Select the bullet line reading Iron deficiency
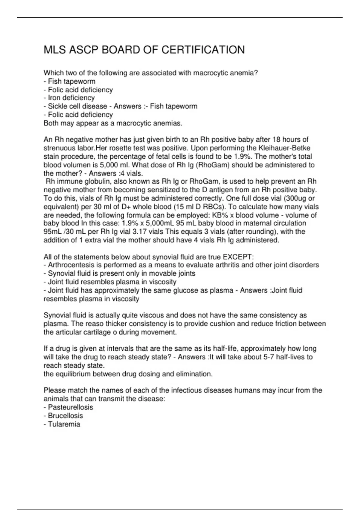point(71,98)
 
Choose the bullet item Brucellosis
point(65,416)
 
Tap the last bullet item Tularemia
point(64,424)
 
